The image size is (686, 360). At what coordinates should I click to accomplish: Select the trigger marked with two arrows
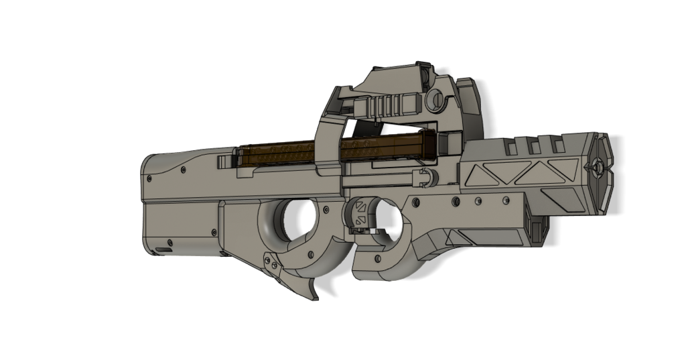(x=360, y=213)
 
